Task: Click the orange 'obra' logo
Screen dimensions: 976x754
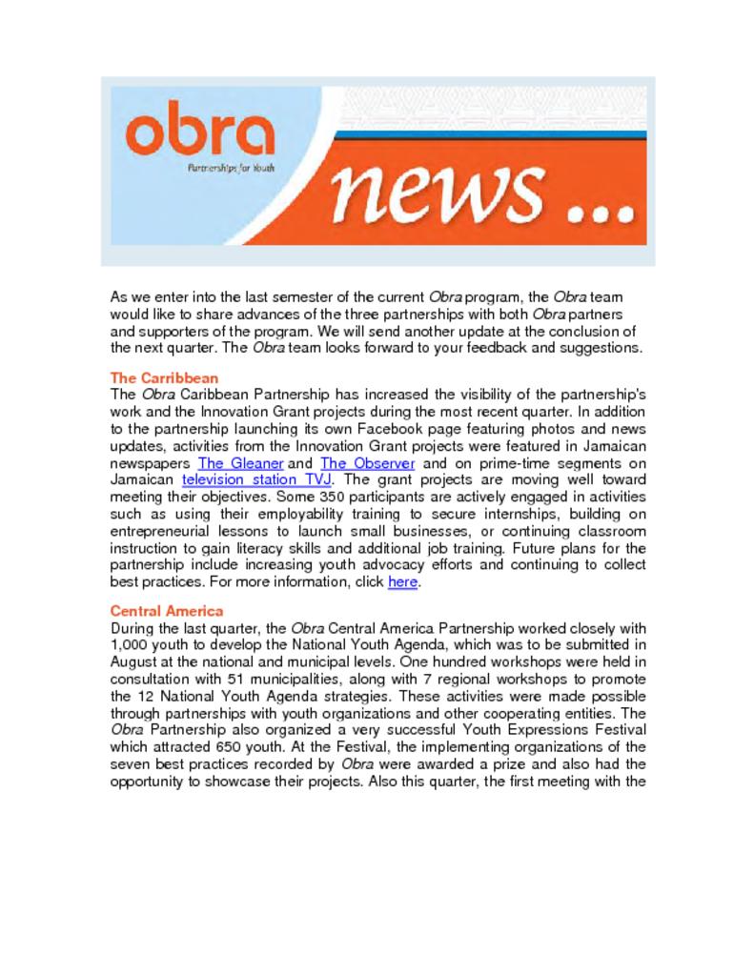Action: (199, 134)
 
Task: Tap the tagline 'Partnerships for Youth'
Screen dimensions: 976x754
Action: (225, 169)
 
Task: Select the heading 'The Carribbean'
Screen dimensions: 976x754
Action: (165, 377)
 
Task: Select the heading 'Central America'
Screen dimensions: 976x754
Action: (167, 611)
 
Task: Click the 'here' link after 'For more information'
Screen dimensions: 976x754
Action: (402, 581)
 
